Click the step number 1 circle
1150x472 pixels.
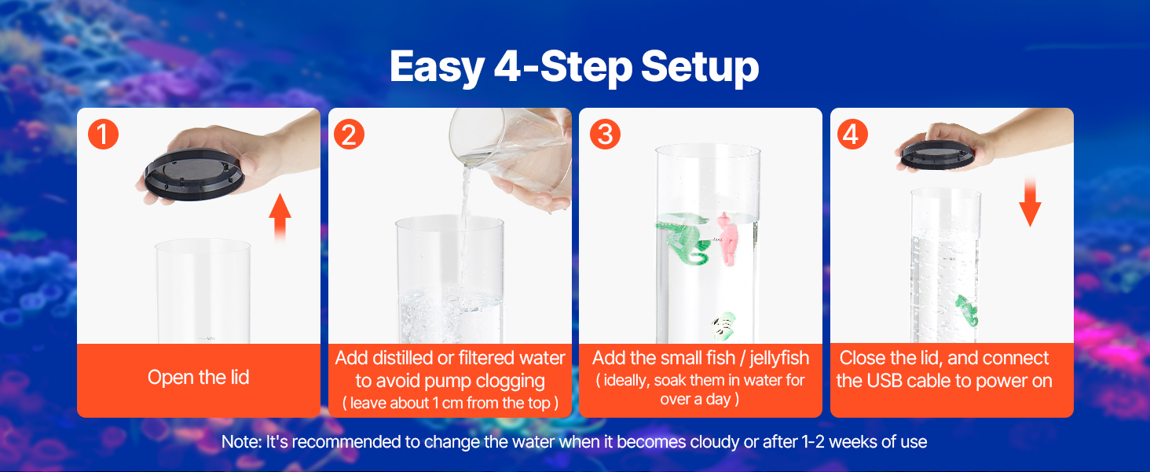(x=103, y=135)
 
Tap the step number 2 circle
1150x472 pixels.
(x=349, y=135)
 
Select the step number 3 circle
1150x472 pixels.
(x=606, y=135)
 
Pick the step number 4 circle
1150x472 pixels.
(x=853, y=135)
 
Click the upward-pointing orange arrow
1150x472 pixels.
(x=280, y=217)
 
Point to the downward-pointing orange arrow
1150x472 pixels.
(x=1030, y=201)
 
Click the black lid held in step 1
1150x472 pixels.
(x=194, y=174)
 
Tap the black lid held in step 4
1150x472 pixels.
(x=937, y=155)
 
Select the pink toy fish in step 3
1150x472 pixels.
(x=726, y=238)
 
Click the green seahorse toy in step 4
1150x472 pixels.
(x=967, y=311)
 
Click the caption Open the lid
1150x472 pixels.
(x=199, y=378)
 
